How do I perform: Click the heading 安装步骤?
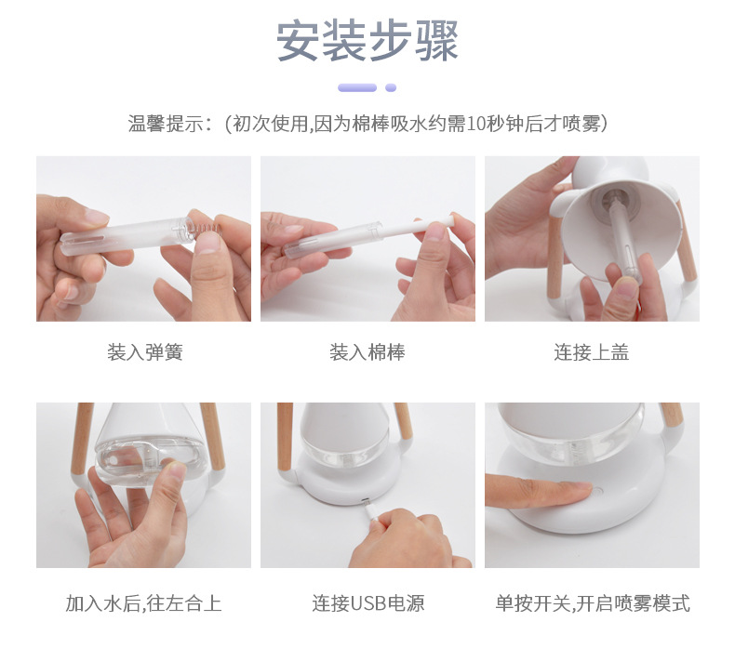click(x=367, y=41)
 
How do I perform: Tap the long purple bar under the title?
click(x=357, y=87)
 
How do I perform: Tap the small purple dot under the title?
click(x=391, y=87)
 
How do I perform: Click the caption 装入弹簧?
click(x=145, y=352)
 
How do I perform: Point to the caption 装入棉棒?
click(x=367, y=352)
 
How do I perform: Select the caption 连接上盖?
click(x=591, y=352)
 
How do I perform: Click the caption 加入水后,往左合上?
click(x=143, y=603)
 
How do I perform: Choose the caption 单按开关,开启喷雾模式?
click(x=593, y=603)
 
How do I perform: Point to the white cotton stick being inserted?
click(x=418, y=227)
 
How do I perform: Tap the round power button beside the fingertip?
click(x=597, y=492)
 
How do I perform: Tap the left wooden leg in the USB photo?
click(x=285, y=436)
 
